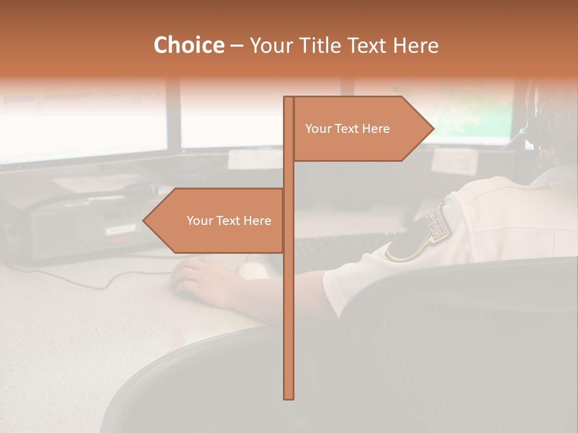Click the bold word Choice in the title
pos(188,46)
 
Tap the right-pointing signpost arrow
pos(361,129)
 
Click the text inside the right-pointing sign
pos(347,129)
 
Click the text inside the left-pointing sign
pos(229,221)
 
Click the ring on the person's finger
pos(190,274)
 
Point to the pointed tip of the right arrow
pos(432,129)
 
